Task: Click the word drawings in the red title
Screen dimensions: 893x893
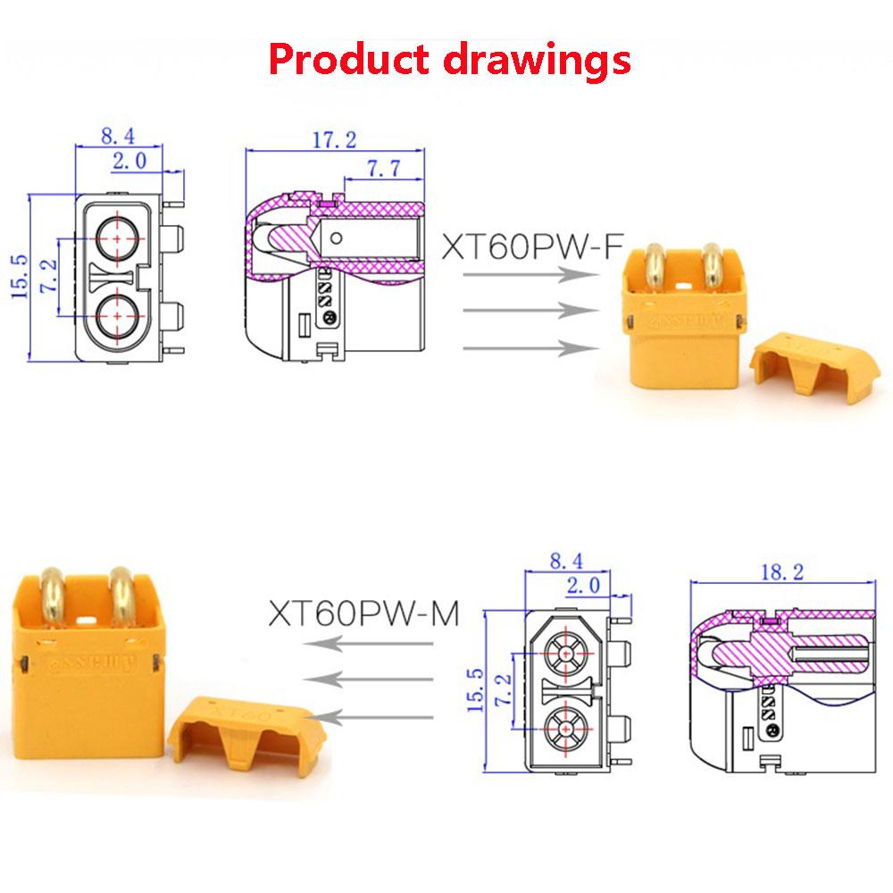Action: (535, 60)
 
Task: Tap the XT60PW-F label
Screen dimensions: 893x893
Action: (530, 246)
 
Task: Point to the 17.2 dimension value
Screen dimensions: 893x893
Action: (334, 139)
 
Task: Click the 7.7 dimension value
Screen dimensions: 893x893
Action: (381, 167)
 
